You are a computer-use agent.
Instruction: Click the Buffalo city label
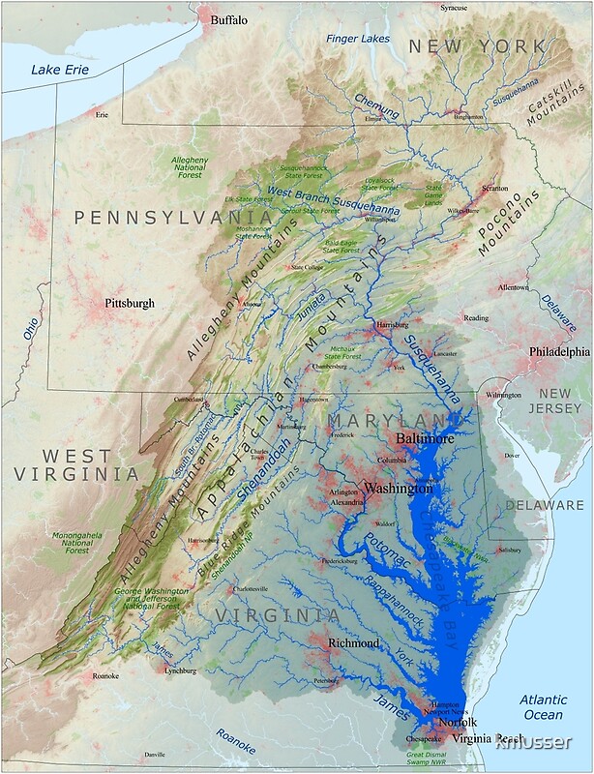click(229, 19)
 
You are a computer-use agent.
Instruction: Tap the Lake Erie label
click(59, 69)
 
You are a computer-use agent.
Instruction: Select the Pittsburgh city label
click(129, 303)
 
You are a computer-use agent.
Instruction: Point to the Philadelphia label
click(557, 352)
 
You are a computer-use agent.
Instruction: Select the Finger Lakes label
click(358, 39)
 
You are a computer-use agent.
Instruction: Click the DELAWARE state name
click(546, 505)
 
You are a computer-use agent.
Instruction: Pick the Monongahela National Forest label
click(77, 542)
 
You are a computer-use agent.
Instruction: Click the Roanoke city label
click(104, 676)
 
